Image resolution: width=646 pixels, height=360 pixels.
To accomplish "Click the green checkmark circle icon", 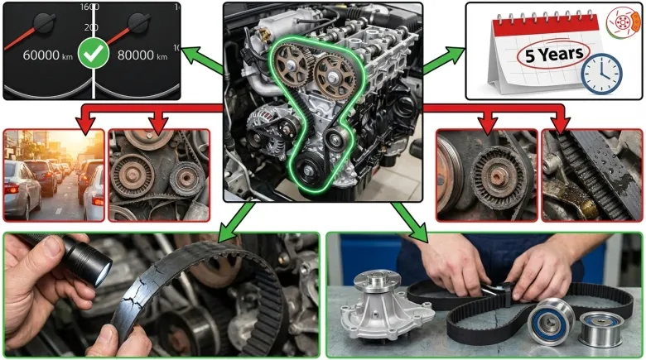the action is pos(94,54).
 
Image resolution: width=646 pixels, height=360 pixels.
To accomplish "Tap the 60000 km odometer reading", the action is pos(48,55).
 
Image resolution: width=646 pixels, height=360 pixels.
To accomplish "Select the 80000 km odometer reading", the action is pos(142,55).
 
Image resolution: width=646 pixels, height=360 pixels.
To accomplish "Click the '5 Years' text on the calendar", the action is pos(554,54).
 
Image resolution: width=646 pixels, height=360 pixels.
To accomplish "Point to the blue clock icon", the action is pos(601,74).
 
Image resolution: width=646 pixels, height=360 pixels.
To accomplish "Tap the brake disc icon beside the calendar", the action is pos(623,22).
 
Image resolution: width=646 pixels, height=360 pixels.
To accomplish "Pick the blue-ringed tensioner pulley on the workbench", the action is pos(552,321).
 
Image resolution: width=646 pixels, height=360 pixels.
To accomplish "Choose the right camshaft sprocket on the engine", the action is pos(334,77).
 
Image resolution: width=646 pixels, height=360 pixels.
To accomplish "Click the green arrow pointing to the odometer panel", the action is pos(202,60).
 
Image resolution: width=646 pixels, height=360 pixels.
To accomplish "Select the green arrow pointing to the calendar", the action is pos(443,60).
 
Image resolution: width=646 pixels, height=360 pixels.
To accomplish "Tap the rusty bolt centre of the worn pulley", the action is pos(495,177).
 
